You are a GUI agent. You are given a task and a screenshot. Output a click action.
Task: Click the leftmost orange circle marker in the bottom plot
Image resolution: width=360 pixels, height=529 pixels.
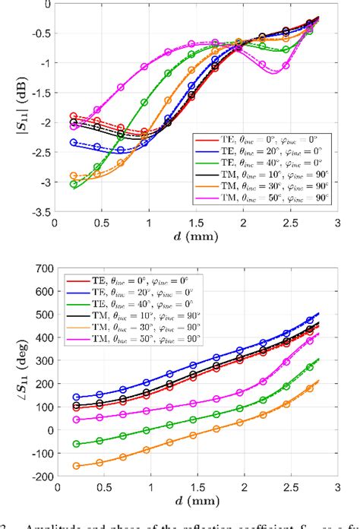click(76, 465)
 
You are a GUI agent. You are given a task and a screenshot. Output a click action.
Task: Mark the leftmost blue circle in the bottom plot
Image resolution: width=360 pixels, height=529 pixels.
click(76, 397)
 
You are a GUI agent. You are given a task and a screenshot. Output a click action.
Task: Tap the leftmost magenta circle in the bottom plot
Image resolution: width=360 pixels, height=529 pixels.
click(76, 420)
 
